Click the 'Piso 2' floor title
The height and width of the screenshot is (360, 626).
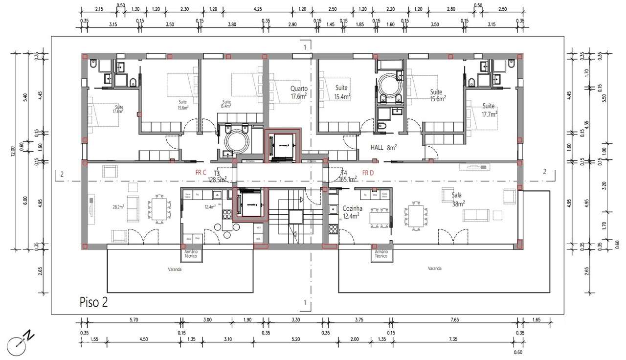[x=93, y=302]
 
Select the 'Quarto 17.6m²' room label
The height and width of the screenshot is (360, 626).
[x=298, y=92]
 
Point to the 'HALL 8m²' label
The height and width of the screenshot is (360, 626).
[x=383, y=147]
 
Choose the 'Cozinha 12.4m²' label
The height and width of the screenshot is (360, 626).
[x=352, y=212]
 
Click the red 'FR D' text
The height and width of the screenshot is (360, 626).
[x=368, y=173]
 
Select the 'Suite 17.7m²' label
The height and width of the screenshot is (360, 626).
[x=489, y=110]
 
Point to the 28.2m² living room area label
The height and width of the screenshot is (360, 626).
[x=118, y=206]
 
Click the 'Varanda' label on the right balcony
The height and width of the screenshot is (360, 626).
[x=434, y=269]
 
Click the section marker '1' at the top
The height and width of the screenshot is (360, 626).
[x=305, y=47]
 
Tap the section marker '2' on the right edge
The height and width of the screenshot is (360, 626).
[x=545, y=171]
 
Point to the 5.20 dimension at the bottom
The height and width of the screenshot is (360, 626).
[x=295, y=339]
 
